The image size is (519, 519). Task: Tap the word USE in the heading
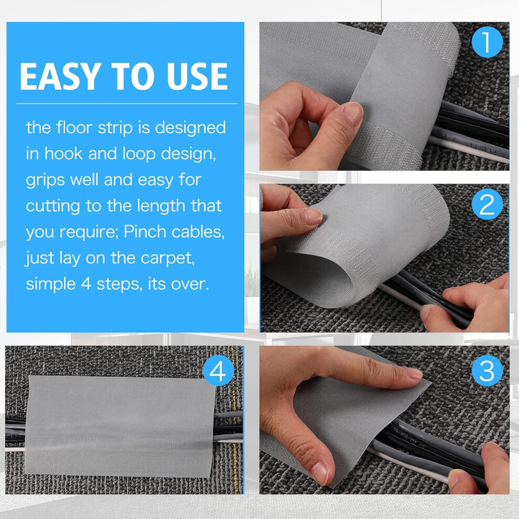pyautogui.click(x=197, y=76)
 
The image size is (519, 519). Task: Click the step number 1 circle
pyautogui.click(x=487, y=42)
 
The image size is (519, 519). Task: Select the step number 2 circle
pyautogui.click(x=487, y=204)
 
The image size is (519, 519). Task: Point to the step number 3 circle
pyautogui.click(x=486, y=371)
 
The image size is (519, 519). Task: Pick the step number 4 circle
pyautogui.click(x=218, y=371)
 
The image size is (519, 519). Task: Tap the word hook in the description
pyautogui.click(x=63, y=154)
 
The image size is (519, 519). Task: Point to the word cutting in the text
pyautogui.click(x=53, y=206)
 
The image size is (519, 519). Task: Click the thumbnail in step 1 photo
pyautogui.click(x=352, y=114)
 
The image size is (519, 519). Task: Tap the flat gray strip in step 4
pyautogui.click(x=120, y=426)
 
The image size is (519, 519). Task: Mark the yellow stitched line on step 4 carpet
pyautogui.click(x=234, y=420)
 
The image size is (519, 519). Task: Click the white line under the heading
pyautogui.click(x=127, y=104)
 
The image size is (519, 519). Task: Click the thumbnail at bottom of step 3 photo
pyautogui.click(x=320, y=473)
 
